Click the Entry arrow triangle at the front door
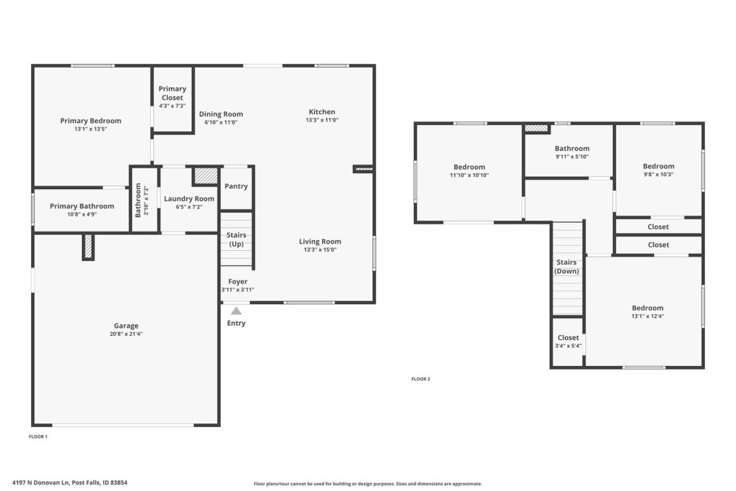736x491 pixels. (x=236, y=311)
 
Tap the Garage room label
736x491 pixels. (x=126, y=326)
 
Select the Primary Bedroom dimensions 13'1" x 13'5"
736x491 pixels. (x=91, y=129)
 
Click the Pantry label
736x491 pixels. (x=236, y=186)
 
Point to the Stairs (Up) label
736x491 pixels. (x=236, y=239)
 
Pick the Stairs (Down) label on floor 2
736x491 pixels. (x=566, y=267)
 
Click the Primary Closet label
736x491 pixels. (x=172, y=93)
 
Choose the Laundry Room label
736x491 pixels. (x=189, y=198)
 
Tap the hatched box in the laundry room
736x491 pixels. (x=206, y=175)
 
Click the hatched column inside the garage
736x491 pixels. (x=88, y=246)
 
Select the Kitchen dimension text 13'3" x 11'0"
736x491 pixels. (x=322, y=120)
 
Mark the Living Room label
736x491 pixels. (x=320, y=242)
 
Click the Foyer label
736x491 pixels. (x=237, y=281)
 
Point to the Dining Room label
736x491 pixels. (x=221, y=114)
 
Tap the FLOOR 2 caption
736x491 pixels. (x=420, y=379)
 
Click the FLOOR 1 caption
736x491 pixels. (x=38, y=436)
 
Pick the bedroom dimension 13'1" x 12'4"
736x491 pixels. (x=648, y=316)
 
